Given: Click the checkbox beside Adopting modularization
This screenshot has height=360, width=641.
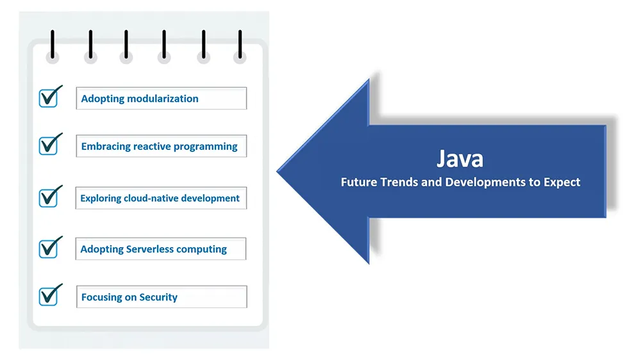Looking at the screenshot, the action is pos(48,98).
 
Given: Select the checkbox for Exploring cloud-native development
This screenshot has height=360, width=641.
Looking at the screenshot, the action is pos(48,198).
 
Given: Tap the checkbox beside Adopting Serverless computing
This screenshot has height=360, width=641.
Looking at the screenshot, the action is pos(48,249).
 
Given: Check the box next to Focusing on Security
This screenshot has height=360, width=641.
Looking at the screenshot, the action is pos(48,296).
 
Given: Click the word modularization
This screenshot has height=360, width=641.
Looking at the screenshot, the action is pos(163,99).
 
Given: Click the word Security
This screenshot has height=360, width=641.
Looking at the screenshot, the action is pos(158,297).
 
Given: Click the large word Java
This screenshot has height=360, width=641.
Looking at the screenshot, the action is pos(460,159).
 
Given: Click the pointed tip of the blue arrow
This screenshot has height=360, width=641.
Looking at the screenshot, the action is pos(278,172).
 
